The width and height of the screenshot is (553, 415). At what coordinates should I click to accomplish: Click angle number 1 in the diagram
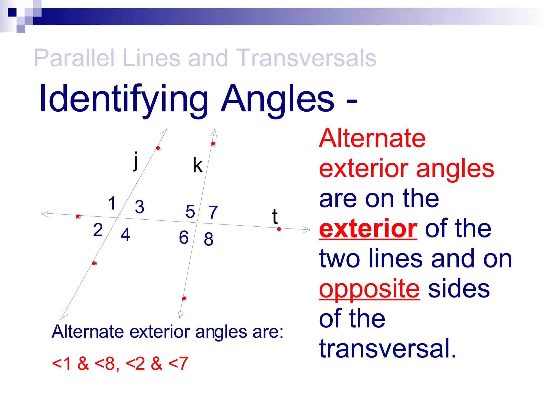coord(112,203)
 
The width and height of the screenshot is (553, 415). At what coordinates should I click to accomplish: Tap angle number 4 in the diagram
coord(125,234)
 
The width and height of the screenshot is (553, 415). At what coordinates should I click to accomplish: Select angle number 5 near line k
coord(190,211)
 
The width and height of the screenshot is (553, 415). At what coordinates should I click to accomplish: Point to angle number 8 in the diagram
coord(208,239)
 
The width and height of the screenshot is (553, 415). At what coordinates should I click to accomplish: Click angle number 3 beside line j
coord(139,207)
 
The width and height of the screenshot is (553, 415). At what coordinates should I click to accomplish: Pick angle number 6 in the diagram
coord(184,237)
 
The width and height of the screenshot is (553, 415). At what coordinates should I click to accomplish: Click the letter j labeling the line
coord(136,161)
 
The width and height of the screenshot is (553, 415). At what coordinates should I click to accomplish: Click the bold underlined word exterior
coord(368,229)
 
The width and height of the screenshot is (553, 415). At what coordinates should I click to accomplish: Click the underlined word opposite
coord(369,289)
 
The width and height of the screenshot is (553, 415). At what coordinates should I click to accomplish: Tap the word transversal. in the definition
coord(387,349)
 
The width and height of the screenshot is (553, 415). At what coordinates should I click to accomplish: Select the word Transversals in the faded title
coord(306,58)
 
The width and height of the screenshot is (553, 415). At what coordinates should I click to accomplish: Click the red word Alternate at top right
coord(372,138)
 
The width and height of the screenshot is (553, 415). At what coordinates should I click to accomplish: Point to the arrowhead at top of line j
coord(165,132)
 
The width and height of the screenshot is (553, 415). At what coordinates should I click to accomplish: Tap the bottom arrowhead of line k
coord(180,316)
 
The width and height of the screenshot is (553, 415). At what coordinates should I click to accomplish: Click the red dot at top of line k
coord(213,143)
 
